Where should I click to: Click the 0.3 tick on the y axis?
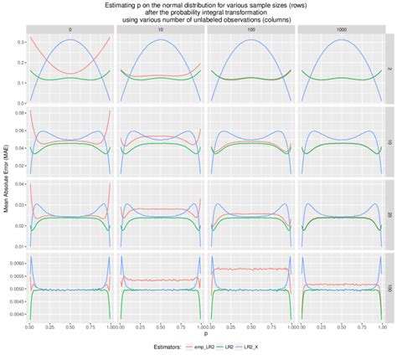click(x=18, y=40)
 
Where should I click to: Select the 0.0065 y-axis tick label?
click(x=15, y=262)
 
